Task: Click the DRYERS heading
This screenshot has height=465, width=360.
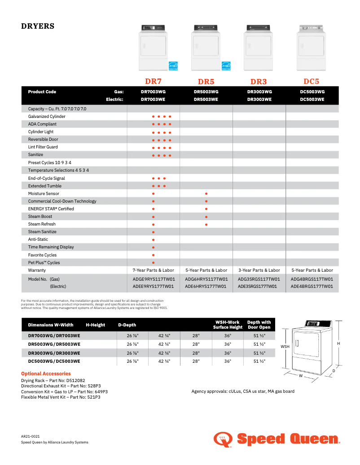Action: tap(38, 26)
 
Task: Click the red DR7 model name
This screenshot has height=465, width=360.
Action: tap(153, 81)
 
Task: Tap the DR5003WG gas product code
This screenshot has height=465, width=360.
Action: tap(206, 91)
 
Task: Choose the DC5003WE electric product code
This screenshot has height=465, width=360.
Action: tap(312, 99)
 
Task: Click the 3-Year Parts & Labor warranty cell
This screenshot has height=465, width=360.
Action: tap(259, 270)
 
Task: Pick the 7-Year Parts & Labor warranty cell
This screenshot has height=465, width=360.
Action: tap(153, 270)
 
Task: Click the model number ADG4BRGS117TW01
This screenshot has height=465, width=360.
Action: tap(312, 279)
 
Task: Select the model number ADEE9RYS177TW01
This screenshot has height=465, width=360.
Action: tap(153, 286)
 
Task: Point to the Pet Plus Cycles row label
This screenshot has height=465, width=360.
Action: tap(44, 263)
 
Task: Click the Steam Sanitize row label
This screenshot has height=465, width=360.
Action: tap(42, 232)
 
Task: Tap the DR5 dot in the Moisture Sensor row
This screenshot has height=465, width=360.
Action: tap(206, 194)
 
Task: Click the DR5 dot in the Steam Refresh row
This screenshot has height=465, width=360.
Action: tap(206, 224)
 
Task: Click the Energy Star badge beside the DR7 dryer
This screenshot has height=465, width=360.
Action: tap(173, 65)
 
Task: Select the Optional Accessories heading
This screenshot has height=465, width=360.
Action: tap(46, 374)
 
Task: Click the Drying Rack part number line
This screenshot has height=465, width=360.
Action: tap(53, 380)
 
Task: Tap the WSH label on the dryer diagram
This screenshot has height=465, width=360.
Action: tap(285, 347)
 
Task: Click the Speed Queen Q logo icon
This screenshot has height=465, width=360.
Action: tap(223, 439)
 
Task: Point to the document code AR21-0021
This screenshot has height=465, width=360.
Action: tap(31, 436)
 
